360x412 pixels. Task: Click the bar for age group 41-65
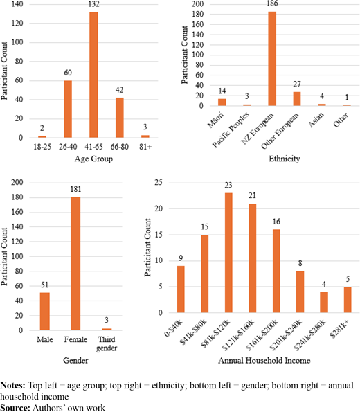[x=94, y=75]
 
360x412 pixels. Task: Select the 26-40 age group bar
[x=68, y=109]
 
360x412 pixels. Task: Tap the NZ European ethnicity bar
[x=272, y=59]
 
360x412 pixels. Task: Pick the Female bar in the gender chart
[x=75, y=264]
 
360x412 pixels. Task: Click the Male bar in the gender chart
[x=45, y=312]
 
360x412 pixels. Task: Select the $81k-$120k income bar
[x=228, y=253]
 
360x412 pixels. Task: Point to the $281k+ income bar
[x=348, y=300]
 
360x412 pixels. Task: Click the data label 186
[x=272, y=3]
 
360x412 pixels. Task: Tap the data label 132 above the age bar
[x=94, y=4]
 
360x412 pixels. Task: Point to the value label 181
[x=75, y=189]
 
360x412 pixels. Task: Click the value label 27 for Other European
[x=297, y=84]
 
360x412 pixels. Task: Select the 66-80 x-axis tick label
[x=120, y=147]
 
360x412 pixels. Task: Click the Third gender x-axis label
[x=107, y=343]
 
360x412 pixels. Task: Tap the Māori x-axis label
[x=216, y=120]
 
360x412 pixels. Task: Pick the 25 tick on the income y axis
[x=159, y=182]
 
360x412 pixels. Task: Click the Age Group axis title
[x=94, y=159]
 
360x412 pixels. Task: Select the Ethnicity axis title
[x=285, y=159]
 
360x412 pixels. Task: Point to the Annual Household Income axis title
[x=264, y=360]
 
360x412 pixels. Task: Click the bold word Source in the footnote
[x=15, y=408]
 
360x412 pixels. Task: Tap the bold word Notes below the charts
[x=12, y=386]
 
